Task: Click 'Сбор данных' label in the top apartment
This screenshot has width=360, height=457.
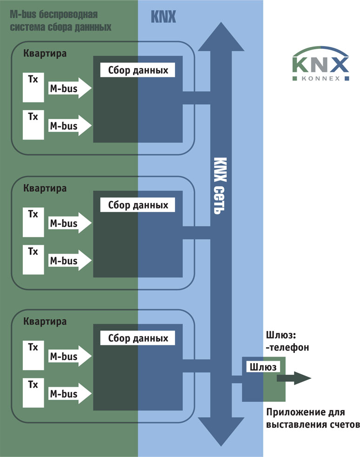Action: click(x=138, y=70)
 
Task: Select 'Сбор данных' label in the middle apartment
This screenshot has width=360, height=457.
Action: click(x=138, y=205)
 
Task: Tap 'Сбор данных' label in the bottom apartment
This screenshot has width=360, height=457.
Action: click(x=138, y=338)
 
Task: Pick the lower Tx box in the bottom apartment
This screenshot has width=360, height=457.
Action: click(x=33, y=394)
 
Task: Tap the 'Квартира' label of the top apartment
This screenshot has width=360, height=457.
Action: click(x=44, y=53)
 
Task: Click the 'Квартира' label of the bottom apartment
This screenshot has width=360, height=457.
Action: click(x=44, y=321)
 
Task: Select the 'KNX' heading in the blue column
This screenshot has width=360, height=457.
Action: click(x=163, y=17)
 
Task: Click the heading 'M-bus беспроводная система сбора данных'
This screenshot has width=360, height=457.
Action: click(x=60, y=21)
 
